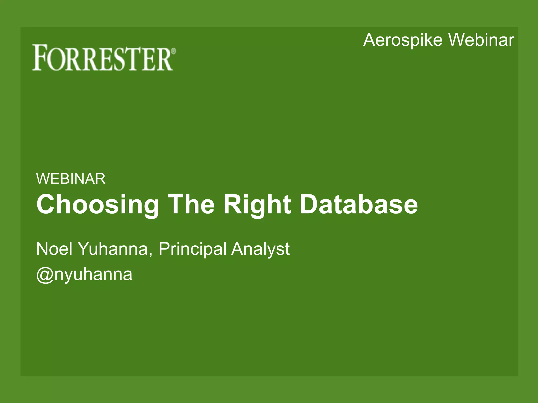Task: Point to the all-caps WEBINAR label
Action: pos(71,179)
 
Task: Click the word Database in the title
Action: pos(359,204)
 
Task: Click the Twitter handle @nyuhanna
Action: pos(84,275)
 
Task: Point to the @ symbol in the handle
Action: pos(45,275)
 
